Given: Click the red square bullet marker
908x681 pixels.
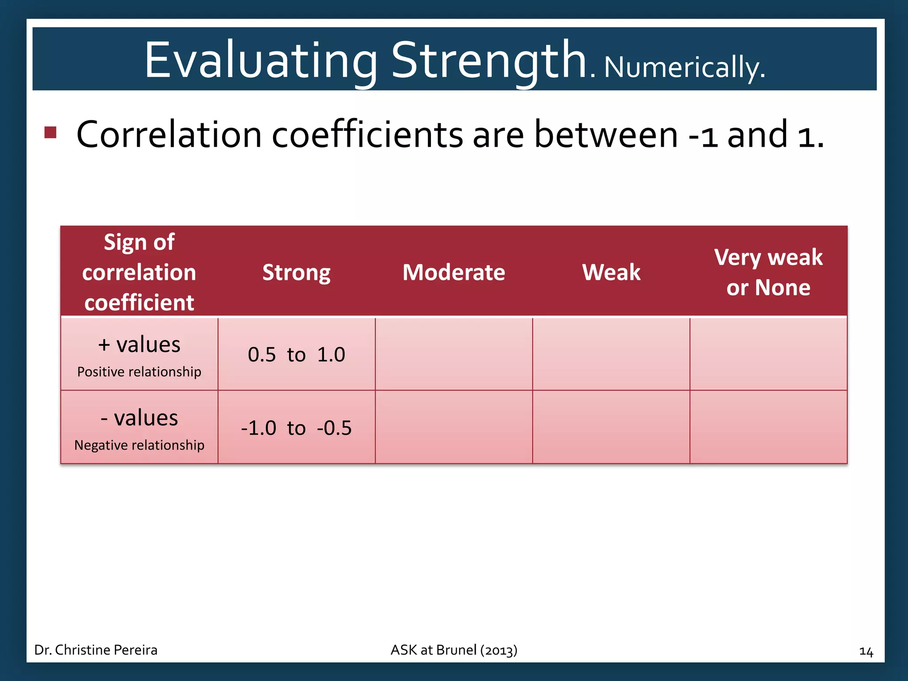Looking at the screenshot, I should (51, 132).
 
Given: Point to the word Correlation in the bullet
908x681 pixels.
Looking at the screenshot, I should (168, 135).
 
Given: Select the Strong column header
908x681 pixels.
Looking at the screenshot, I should (296, 272).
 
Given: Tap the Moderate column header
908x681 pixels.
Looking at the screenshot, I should (454, 272).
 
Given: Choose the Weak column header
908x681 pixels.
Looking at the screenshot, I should (611, 272).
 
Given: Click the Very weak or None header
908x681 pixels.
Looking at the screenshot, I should (768, 272).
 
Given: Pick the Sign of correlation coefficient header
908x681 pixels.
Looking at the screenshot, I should (139, 272).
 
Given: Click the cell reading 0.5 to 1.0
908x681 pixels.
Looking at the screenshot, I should (296, 355).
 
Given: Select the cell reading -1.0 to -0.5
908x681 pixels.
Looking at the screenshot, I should (296, 428).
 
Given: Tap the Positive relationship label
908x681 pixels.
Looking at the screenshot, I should (139, 372).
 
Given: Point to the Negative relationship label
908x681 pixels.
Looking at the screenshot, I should (139, 445).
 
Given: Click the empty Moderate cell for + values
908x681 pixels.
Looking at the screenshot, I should (454, 355).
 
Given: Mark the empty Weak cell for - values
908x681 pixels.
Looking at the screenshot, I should (611, 428).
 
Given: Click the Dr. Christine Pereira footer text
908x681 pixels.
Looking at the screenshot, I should (96, 650).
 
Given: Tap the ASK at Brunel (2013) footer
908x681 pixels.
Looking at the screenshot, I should (454, 650).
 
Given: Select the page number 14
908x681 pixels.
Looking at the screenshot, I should (866, 651).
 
